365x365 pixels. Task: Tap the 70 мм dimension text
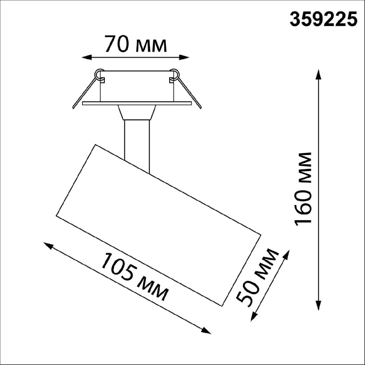(x=136, y=44)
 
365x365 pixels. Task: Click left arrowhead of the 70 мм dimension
(x=87, y=57)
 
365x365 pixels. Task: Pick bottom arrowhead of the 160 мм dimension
(x=318, y=306)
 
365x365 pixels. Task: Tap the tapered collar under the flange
(x=137, y=113)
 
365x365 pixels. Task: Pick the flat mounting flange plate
(x=137, y=103)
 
